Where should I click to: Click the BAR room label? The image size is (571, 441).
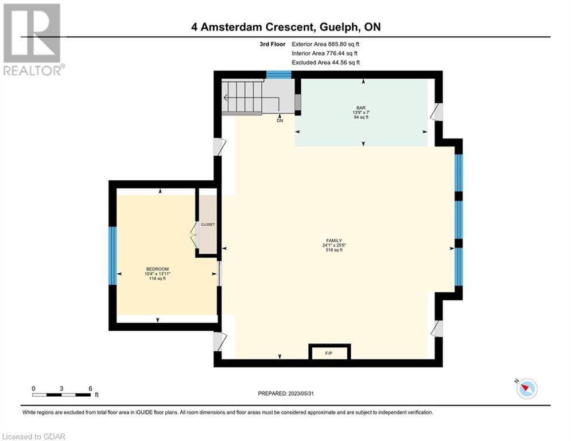pyautogui.click(x=361, y=108)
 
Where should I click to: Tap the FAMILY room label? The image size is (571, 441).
pyautogui.click(x=334, y=241)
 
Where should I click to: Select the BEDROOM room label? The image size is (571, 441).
pyautogui.click(x=157, y=269)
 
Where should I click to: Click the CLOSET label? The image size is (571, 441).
pyautogui.click(x=208, y=225)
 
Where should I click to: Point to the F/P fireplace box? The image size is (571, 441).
pyautogui.click(x=329, y=352)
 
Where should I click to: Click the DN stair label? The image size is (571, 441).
pyautogui.click(x=279, y=121)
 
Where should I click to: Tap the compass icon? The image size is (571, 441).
pyautogui.click(x=527, y=389)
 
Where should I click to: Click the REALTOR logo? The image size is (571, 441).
pyautogui.click(x=33, y=40)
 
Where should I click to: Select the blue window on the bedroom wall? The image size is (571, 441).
pyautogui.click(x=113, y=256)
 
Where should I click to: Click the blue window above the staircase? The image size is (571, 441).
pyautogui.click(x=278, y=75)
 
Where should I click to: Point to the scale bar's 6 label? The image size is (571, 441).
pyautogui.click(x=90, y=389)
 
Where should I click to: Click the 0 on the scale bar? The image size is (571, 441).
pyautogui.click(x=33, y=389)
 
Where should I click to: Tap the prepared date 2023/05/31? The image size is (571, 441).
pyautogui.click(x=301, y=393)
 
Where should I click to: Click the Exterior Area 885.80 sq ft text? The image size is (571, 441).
pyautogui.click(x=325, y=44)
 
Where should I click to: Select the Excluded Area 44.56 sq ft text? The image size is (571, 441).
pyautogui.click(x=326, y=63)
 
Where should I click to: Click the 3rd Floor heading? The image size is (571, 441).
pyautogui.click(x=273, y=44)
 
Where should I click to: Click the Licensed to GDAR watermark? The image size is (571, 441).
pyautogui.click(x=33, y=436)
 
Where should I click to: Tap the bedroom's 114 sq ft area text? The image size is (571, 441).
pyautogui.click(x=157, y=278)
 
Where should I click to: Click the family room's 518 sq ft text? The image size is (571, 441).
pyautogui.click(x=334, y=250)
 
